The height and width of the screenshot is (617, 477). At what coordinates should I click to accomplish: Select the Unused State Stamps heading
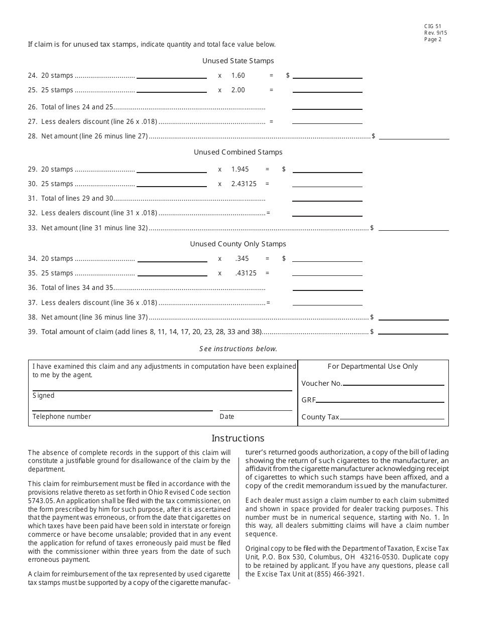click(x=238, y=61)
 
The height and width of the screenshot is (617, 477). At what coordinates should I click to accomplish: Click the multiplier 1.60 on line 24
click(x=238, y=75)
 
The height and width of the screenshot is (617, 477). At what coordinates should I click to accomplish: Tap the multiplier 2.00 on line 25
click(x=238, y=90)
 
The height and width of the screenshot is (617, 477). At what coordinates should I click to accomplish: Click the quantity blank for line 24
click(x=172, y=76)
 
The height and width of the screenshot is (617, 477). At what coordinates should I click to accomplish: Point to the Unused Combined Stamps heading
click(x=238, y=152)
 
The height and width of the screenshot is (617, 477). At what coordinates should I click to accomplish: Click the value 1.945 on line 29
click(x=240, y=169)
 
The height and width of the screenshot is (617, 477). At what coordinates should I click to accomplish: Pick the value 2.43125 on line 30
click(x=244, y=184)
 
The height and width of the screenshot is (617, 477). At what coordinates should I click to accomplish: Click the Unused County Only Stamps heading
click(x=238, y=244)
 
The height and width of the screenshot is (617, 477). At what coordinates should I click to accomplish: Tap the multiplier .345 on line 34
click(x=242, y=258)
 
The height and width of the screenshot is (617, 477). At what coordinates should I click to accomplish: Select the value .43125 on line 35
click(x=246, y=273)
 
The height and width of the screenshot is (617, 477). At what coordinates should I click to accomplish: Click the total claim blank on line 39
click(x=413, y=332)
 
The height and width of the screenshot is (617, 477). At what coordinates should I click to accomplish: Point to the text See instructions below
click(x=238, y=349)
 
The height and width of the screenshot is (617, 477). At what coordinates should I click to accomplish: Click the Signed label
click(x=44, y=395)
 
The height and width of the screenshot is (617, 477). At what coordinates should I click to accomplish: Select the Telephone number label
click(x=62, y=416)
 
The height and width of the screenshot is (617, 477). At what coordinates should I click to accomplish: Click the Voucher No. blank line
click(x=394, y=384)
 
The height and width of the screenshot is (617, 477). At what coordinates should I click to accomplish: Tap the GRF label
click(x=308, y=400)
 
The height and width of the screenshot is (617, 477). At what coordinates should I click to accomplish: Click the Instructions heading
click(x=238, y=438)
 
